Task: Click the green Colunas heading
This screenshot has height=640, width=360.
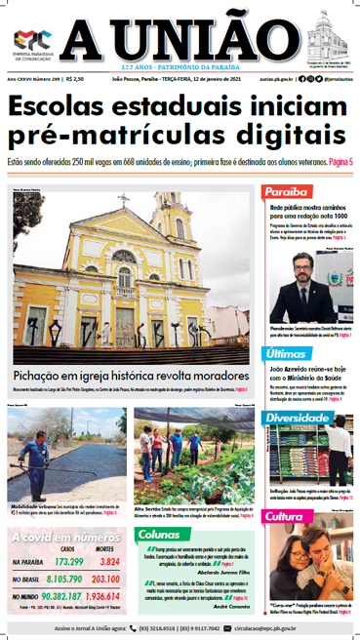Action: (158, 534)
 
